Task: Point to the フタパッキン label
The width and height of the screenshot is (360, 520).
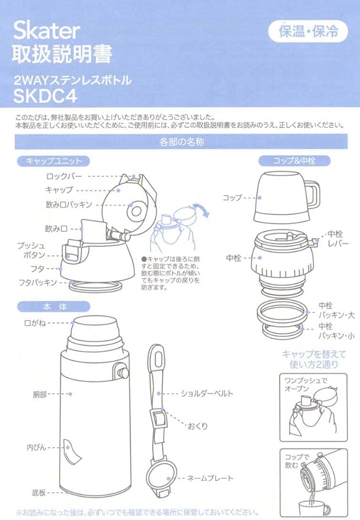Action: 37,282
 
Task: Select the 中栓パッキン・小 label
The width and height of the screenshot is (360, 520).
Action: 336,331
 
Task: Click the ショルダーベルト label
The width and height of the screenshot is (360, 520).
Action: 206,393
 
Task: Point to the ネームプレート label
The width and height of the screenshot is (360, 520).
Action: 210,478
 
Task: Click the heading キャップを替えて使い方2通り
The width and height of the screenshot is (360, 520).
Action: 309,359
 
